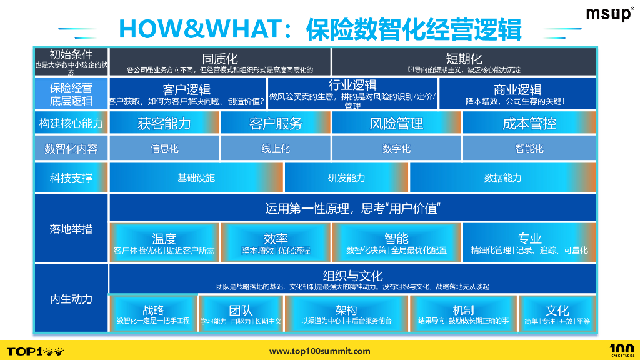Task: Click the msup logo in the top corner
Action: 608,15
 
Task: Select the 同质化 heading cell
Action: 219,62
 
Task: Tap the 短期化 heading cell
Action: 463,62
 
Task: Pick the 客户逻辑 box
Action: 186,93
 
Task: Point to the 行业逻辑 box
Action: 352,93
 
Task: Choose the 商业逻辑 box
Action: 517,93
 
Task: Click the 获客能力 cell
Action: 164,124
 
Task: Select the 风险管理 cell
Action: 396,124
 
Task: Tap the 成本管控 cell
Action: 529,124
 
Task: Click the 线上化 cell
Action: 276,149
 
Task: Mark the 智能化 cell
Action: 529,149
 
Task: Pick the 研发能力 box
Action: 346,177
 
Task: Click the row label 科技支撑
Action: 71,177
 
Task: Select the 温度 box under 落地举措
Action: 164,243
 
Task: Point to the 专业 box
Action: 529,243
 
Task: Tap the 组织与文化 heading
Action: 352,276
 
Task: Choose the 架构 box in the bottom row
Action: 346,314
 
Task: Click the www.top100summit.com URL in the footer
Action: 319,351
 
